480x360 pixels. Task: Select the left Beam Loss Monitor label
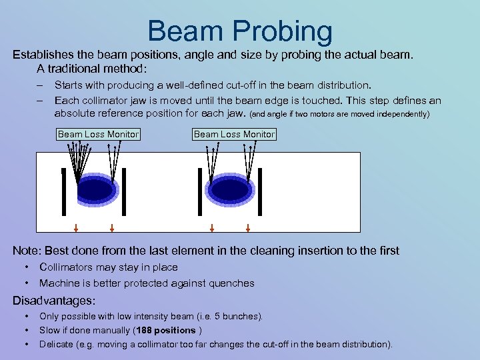pyautogui.click(x=98, y=134)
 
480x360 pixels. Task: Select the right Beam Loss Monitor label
pyautogui.click(x=234, y=134)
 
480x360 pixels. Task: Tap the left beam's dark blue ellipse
pyautogui.click(x=97, y=189)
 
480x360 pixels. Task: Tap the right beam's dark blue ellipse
pyautogui.click(x=230, y=189)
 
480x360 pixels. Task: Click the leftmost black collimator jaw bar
pyautogui.click(x=63, y=192)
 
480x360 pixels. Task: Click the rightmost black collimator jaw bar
pyautogui.click(x=260, y=192)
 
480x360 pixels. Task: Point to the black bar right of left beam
pyautogui.click(x=124, y=192)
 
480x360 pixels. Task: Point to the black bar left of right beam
pyautogui.click(x=199, y=192)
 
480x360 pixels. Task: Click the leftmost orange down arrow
pyautogui.click(x=76, y=227)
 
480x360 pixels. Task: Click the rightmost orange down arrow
pyautogui.click(x=248, y=227)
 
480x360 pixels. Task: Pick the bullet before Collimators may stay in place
pyautogui.click(x=26, y=267)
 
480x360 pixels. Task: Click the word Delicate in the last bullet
pyautogui.click(x=57, y=344)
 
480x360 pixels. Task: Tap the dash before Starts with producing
pyautogui.click(x=41, y=85)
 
